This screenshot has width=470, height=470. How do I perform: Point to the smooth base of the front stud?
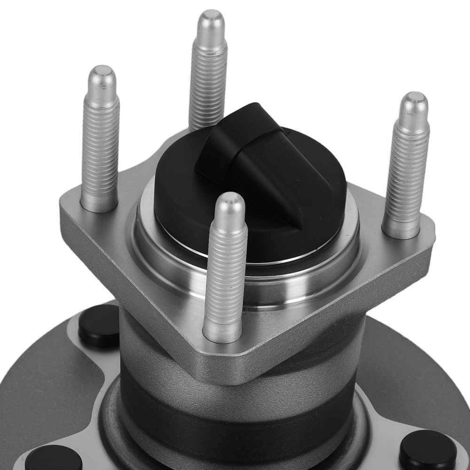[221, 329]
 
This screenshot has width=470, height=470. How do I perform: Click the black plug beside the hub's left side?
[99, 325]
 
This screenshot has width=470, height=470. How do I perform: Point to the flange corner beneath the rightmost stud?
[423, 235]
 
